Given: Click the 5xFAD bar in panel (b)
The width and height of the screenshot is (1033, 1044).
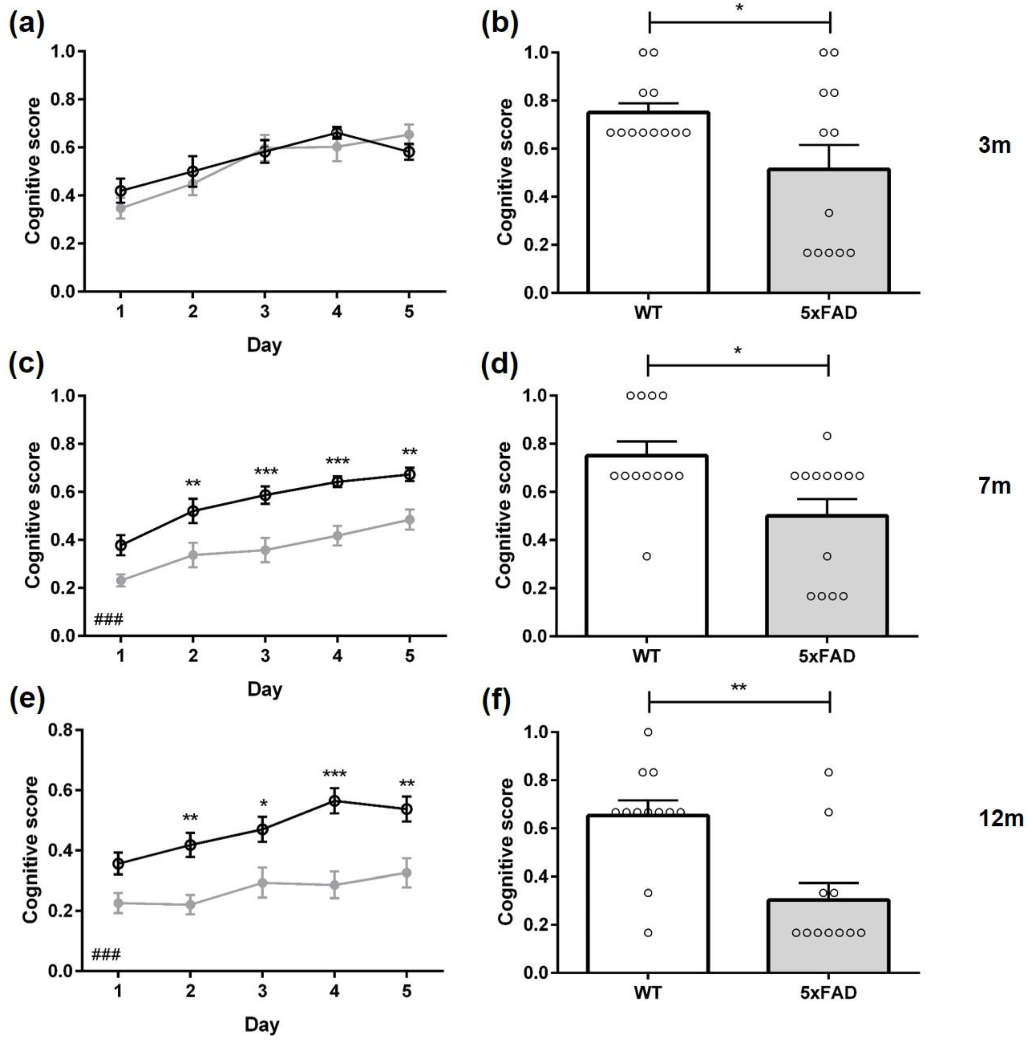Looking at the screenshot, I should (x=828, y=232).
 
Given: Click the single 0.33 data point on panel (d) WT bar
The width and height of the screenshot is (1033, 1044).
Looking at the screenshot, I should (x=646, y=556).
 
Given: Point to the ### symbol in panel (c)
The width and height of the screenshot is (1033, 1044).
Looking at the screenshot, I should (x=108, y=619).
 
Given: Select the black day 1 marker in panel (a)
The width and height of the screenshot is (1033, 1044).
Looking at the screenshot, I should (x=121, y=191).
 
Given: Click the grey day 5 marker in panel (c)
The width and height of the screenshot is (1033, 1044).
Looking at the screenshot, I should (x=410, y=520).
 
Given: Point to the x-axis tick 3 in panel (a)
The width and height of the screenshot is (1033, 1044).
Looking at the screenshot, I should (x=264, y=312).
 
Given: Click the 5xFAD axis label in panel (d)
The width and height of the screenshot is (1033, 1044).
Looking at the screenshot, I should (x=827, y=656).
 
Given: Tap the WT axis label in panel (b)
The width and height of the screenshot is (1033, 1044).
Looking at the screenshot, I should (x=648, y=312).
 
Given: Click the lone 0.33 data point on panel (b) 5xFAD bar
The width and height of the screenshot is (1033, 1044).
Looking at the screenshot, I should (x=829, y=213).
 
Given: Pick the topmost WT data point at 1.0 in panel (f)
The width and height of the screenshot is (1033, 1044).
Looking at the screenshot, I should (x=648, y=732).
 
